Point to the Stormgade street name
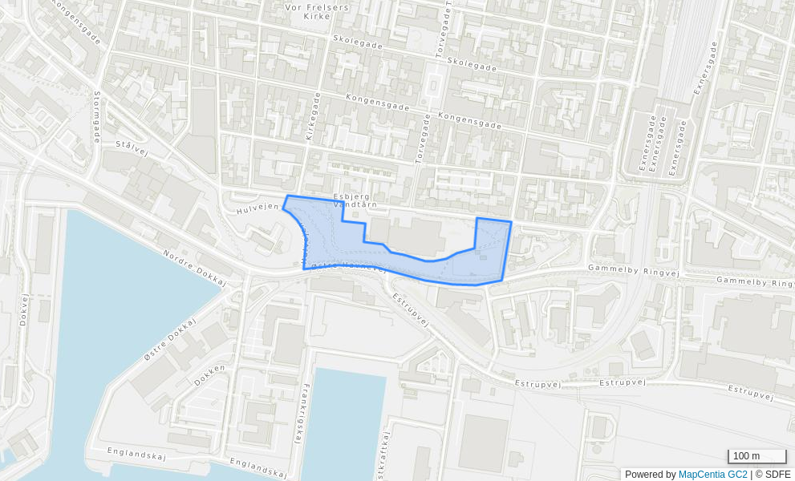97,116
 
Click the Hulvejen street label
258,208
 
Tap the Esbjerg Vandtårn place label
355,200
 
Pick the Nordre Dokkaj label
195,268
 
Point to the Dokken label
209,375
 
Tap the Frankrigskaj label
299,414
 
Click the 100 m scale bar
756,456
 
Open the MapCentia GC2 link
712,475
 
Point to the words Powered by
650,475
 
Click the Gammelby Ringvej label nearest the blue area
633,271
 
